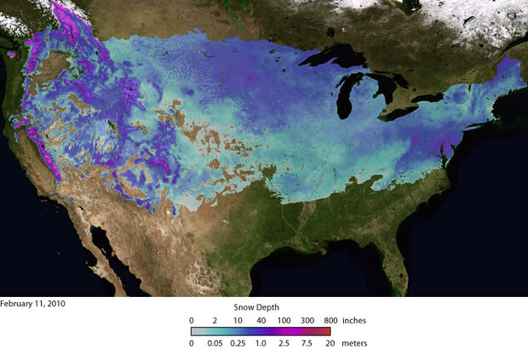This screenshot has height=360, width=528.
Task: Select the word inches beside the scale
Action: pyautogui.click(x=353, y=319)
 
